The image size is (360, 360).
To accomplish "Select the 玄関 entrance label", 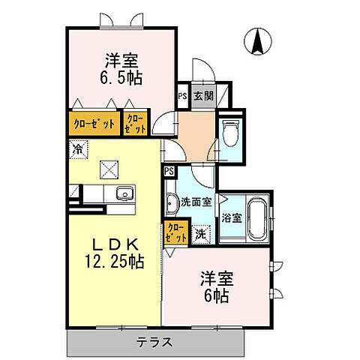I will click(202, 96).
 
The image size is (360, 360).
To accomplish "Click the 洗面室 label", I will click(191, 202).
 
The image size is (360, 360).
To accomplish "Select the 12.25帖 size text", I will click(115, 262).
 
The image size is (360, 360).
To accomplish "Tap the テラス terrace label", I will click(155, 342).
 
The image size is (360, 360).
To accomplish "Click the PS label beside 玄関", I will click(182, 96).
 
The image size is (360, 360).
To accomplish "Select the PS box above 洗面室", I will click(169, 172).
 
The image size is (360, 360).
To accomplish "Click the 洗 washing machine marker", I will click(201, 234).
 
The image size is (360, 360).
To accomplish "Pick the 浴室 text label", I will click(231, 218).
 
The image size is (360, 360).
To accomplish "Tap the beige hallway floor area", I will click(193, 134).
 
